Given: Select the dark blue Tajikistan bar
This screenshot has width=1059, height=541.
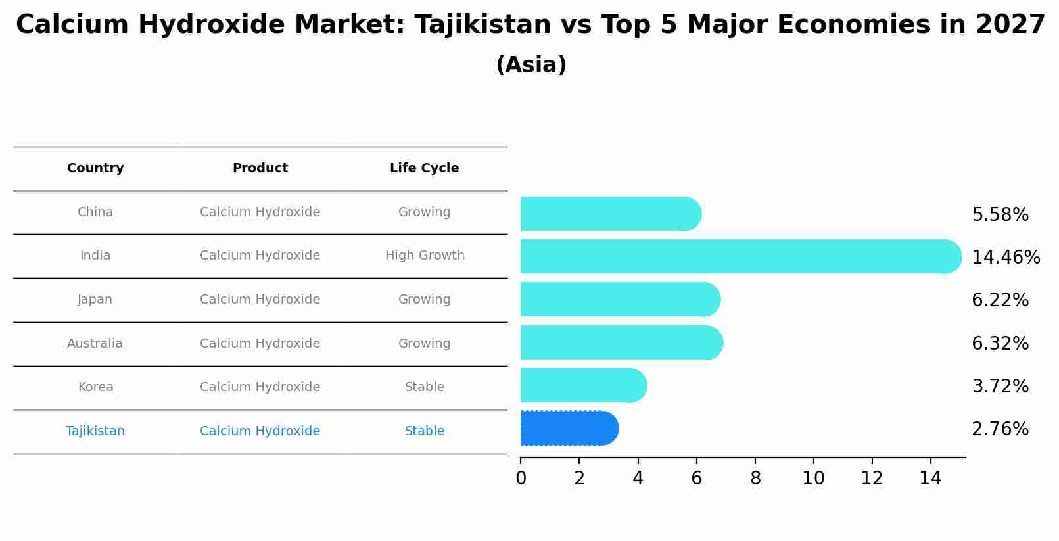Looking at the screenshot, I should click(569, 429).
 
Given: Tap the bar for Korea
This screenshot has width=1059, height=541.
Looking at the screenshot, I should click(583, 385).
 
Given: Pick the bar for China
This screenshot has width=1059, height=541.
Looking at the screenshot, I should click(610, 214).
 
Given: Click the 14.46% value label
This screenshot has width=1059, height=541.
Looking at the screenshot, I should click(1005, 257).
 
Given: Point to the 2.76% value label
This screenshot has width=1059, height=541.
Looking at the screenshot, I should click(1000, 429).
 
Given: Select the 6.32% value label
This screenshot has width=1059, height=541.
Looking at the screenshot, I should click(1000, 343).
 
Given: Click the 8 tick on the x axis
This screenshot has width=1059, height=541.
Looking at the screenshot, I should click(755, 479).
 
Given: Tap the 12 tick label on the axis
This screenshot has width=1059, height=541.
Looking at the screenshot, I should click(872, 479).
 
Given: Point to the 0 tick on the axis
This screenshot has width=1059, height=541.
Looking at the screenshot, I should click(521, 479).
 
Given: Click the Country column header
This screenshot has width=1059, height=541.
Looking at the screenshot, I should click(95, 168).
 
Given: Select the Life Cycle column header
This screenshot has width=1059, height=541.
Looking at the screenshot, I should click(424, 168).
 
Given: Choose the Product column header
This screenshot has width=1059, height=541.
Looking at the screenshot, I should click(260, 168).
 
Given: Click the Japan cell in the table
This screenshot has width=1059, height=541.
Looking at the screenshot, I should click(95, 300).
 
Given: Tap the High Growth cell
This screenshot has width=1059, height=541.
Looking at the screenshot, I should click(425, 256).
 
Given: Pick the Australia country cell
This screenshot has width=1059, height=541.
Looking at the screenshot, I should click(95, 344).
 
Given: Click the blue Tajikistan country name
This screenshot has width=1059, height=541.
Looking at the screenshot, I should click(95, 431).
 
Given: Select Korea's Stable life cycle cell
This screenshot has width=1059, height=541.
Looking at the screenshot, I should click(425, 387).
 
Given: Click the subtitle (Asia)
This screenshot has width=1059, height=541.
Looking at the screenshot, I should click(531, 65).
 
